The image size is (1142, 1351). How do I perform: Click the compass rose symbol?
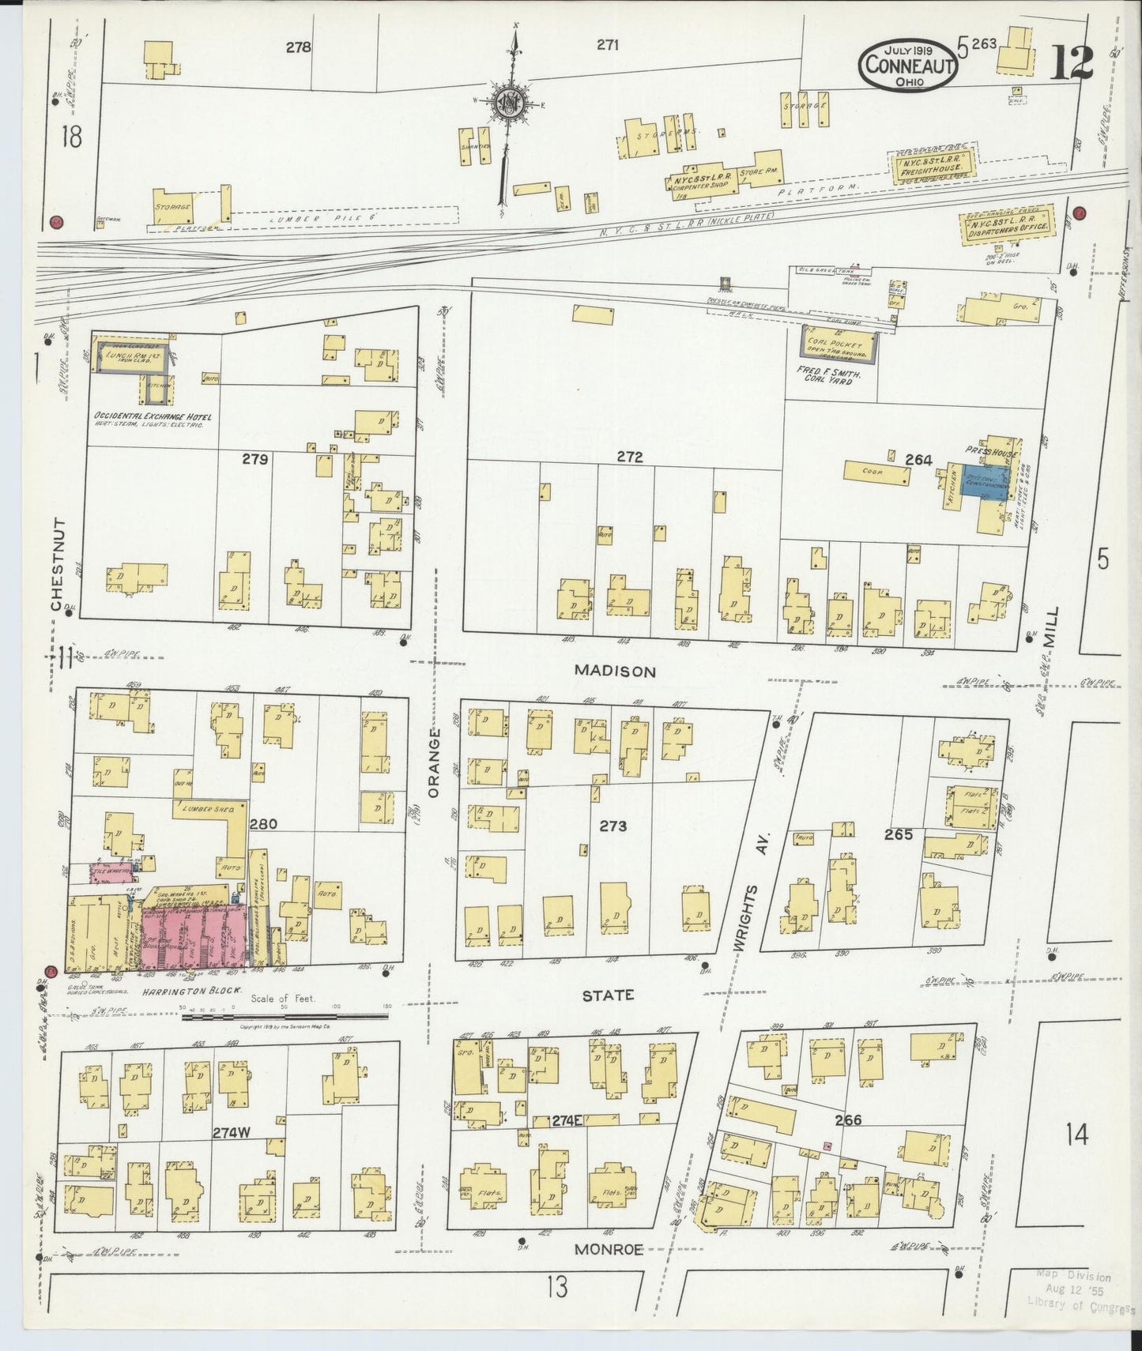point(509,103)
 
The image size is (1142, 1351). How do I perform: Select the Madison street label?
point(615,671)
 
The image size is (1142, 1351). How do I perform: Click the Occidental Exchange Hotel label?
point(149,416)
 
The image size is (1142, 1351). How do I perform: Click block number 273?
point(612,826)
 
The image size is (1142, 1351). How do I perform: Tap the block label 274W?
point(231,1132)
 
